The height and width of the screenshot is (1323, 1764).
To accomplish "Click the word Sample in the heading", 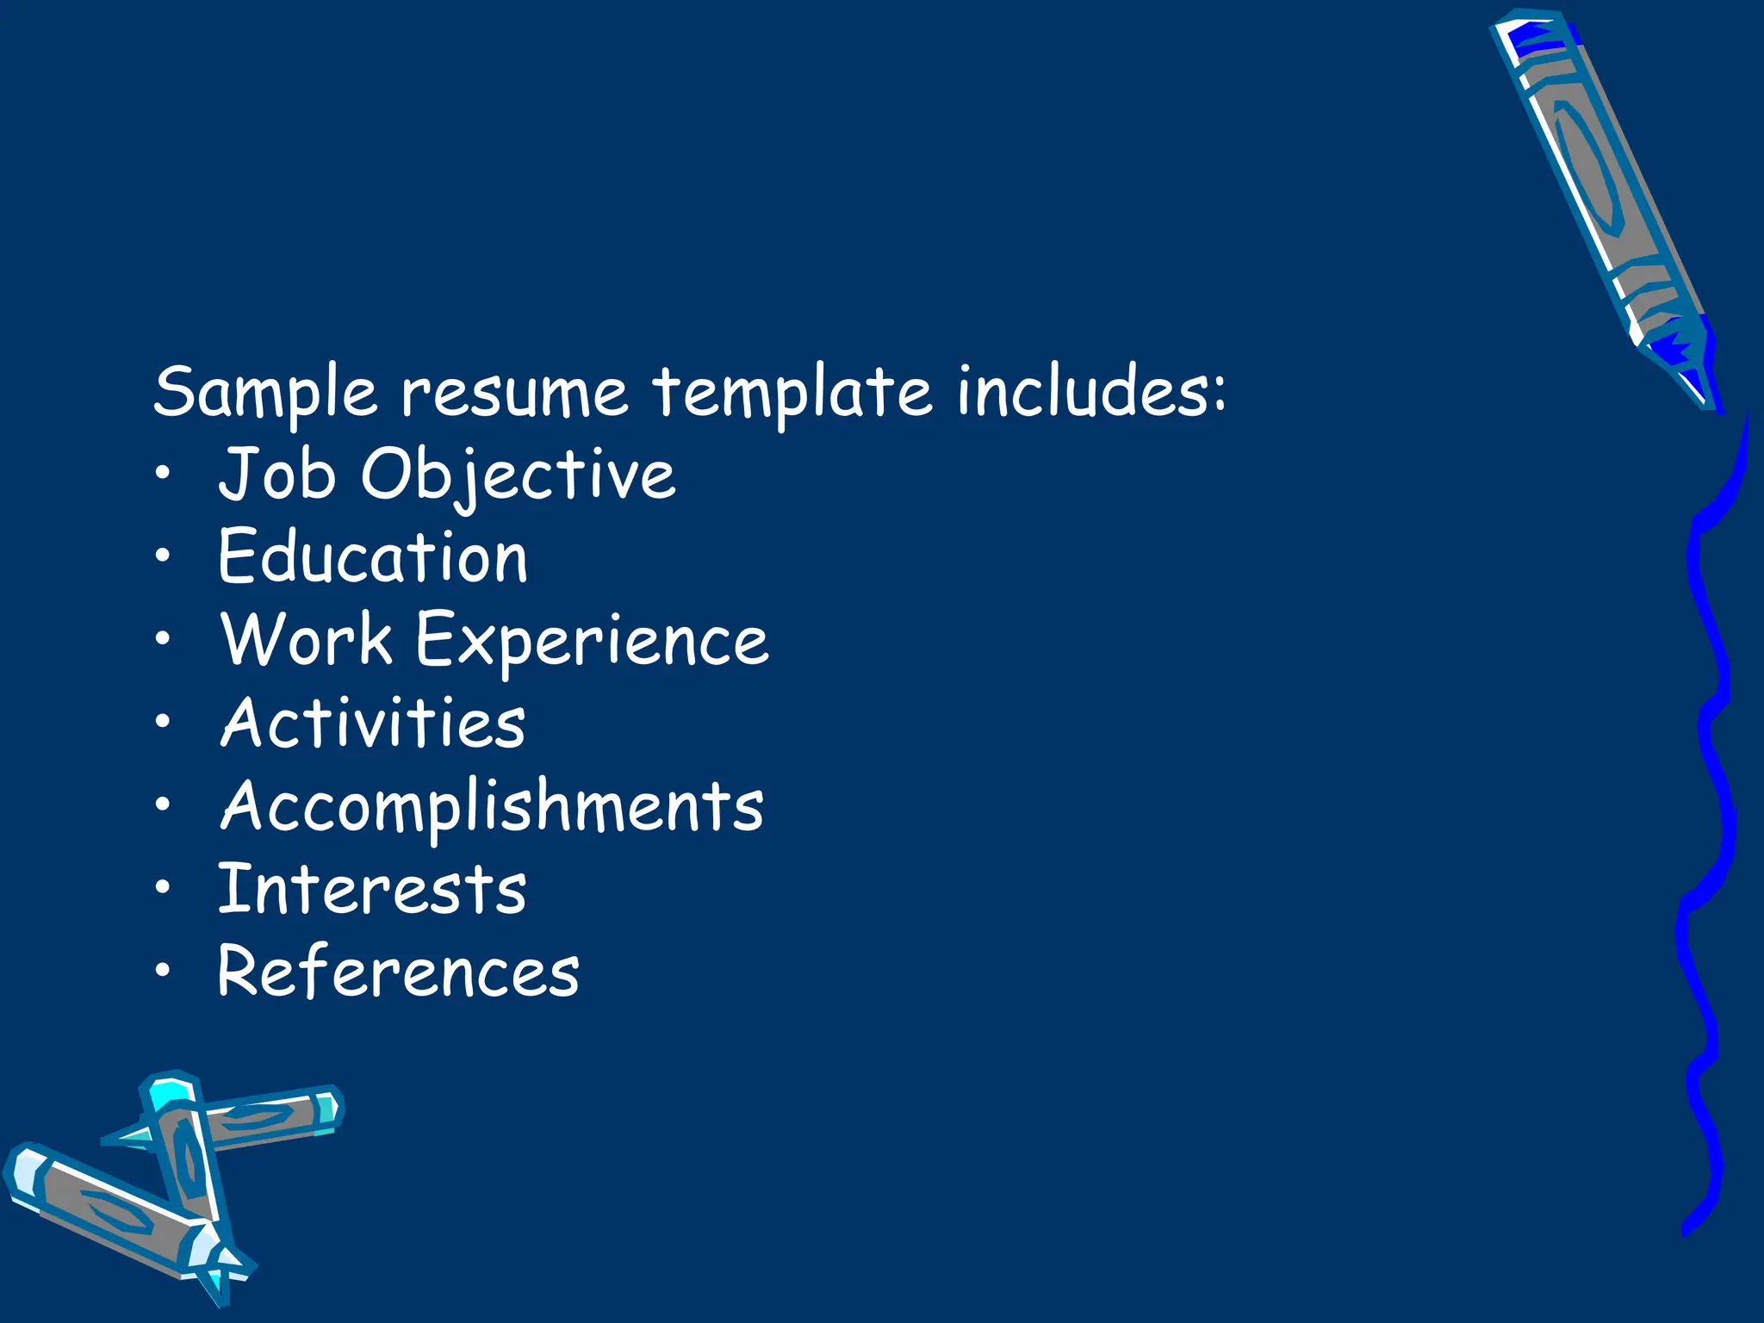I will click(264, 392).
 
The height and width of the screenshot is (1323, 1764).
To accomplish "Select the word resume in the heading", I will click(514, 392).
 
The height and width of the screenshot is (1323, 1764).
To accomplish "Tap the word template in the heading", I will click(792, 392).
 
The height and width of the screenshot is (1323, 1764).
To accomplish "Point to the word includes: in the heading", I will click(1091, 392).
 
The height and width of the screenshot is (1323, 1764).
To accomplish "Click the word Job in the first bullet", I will click(276, 474).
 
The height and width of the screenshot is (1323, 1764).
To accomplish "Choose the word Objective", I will click(518, 475).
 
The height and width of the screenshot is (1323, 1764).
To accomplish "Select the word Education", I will click(373, 557).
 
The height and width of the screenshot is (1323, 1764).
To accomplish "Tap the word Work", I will click(307, 640).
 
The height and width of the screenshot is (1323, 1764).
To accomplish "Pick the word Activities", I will click(373, 722).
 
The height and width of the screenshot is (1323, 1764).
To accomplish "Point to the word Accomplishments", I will click(492, 806).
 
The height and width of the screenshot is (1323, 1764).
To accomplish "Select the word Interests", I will click(372, 888).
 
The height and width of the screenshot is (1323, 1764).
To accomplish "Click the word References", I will click(399, 971).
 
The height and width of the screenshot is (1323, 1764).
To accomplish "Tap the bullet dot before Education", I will click(163, 556).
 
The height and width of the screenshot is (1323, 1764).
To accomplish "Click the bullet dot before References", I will click(163, 970).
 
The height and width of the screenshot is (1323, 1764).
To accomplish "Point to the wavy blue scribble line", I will click(1710, 818).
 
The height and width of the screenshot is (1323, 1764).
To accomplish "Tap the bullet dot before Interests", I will click(163, 887).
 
